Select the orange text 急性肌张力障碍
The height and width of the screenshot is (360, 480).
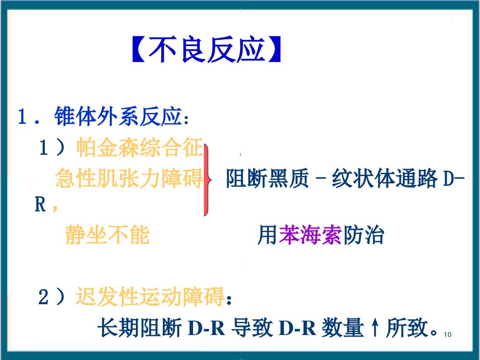pos(129,179)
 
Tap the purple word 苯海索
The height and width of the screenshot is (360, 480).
pos(310,236)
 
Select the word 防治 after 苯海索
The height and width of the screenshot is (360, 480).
pos(363,236)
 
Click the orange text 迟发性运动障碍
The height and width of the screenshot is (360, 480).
pos(150,298)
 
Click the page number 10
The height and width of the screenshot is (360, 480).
pos(449,335)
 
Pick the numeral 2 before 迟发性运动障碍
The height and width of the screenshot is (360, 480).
pos(44,298)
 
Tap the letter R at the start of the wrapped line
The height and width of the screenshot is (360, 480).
pos(39,206)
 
